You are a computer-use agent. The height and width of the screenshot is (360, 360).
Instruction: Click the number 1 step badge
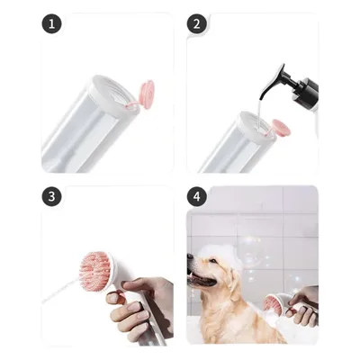tap(52, 24)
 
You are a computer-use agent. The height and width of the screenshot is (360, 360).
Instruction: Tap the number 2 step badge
tap(197, 24)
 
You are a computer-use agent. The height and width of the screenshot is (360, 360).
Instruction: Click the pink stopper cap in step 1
tap(144, 93)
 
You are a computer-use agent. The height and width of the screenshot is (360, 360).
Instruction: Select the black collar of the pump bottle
tap(309, 90)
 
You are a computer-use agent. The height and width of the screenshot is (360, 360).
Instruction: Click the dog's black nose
tap(190, 260)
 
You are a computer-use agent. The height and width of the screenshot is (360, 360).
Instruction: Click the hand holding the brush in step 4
tap(307, 306)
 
